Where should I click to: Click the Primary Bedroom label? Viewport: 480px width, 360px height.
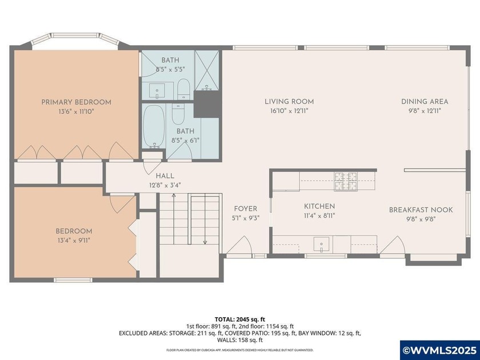pos(76,102)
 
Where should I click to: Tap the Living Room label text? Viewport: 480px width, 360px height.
pos(289,102)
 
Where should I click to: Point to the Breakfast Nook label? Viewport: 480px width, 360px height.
pos(421,210)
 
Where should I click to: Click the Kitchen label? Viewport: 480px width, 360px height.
pos(319,206)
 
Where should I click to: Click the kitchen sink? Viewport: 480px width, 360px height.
pos(322,245)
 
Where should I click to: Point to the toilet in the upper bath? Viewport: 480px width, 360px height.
pos(183,89)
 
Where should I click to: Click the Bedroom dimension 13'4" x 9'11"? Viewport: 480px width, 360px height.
pos(74,241)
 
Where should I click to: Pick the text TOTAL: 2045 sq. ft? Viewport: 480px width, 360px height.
pos(239,319)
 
